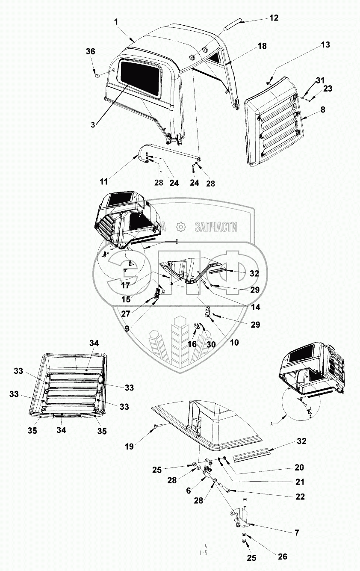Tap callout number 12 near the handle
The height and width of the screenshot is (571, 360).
tap(274, 18)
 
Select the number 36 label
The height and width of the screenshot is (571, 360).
tap(90, 51)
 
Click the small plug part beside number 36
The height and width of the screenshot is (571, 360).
tap(98, 76)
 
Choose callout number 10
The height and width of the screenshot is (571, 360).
tap(234, 343)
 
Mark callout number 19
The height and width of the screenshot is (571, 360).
tap(129, 447)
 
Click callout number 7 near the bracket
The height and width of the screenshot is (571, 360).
tap(296, 533)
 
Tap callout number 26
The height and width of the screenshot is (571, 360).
tap(283, 556)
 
